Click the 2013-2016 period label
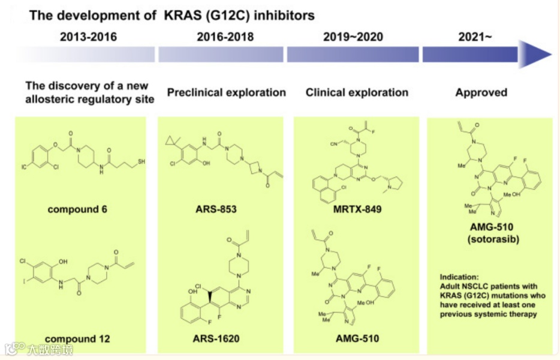(88, 37)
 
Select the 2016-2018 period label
(225, 37)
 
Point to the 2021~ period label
(475, 37)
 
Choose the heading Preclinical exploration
(226, 92)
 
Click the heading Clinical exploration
(357, 92)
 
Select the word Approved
(481, 92)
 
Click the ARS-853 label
(215, 209)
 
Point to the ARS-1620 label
(216, 339)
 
